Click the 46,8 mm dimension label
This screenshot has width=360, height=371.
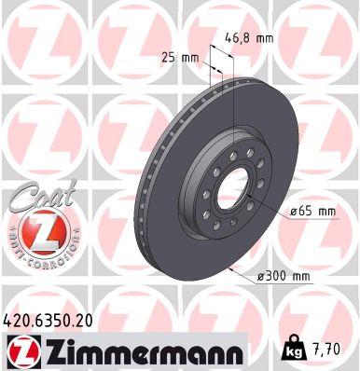pos(247,39)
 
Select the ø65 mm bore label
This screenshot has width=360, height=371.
pos(312,212)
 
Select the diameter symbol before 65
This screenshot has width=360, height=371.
pos(292,212)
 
